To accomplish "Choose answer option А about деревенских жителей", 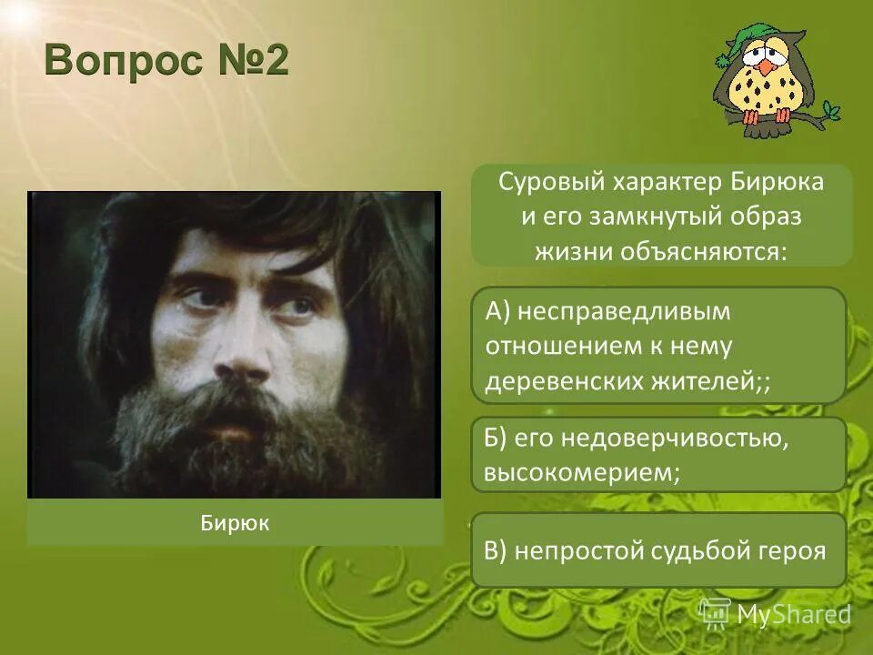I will click(658, 346).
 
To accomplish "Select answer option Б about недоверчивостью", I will click(658, 455).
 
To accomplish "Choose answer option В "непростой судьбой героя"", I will click(658, 549).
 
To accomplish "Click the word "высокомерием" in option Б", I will click(582, 473).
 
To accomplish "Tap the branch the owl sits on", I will click(818, 116).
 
